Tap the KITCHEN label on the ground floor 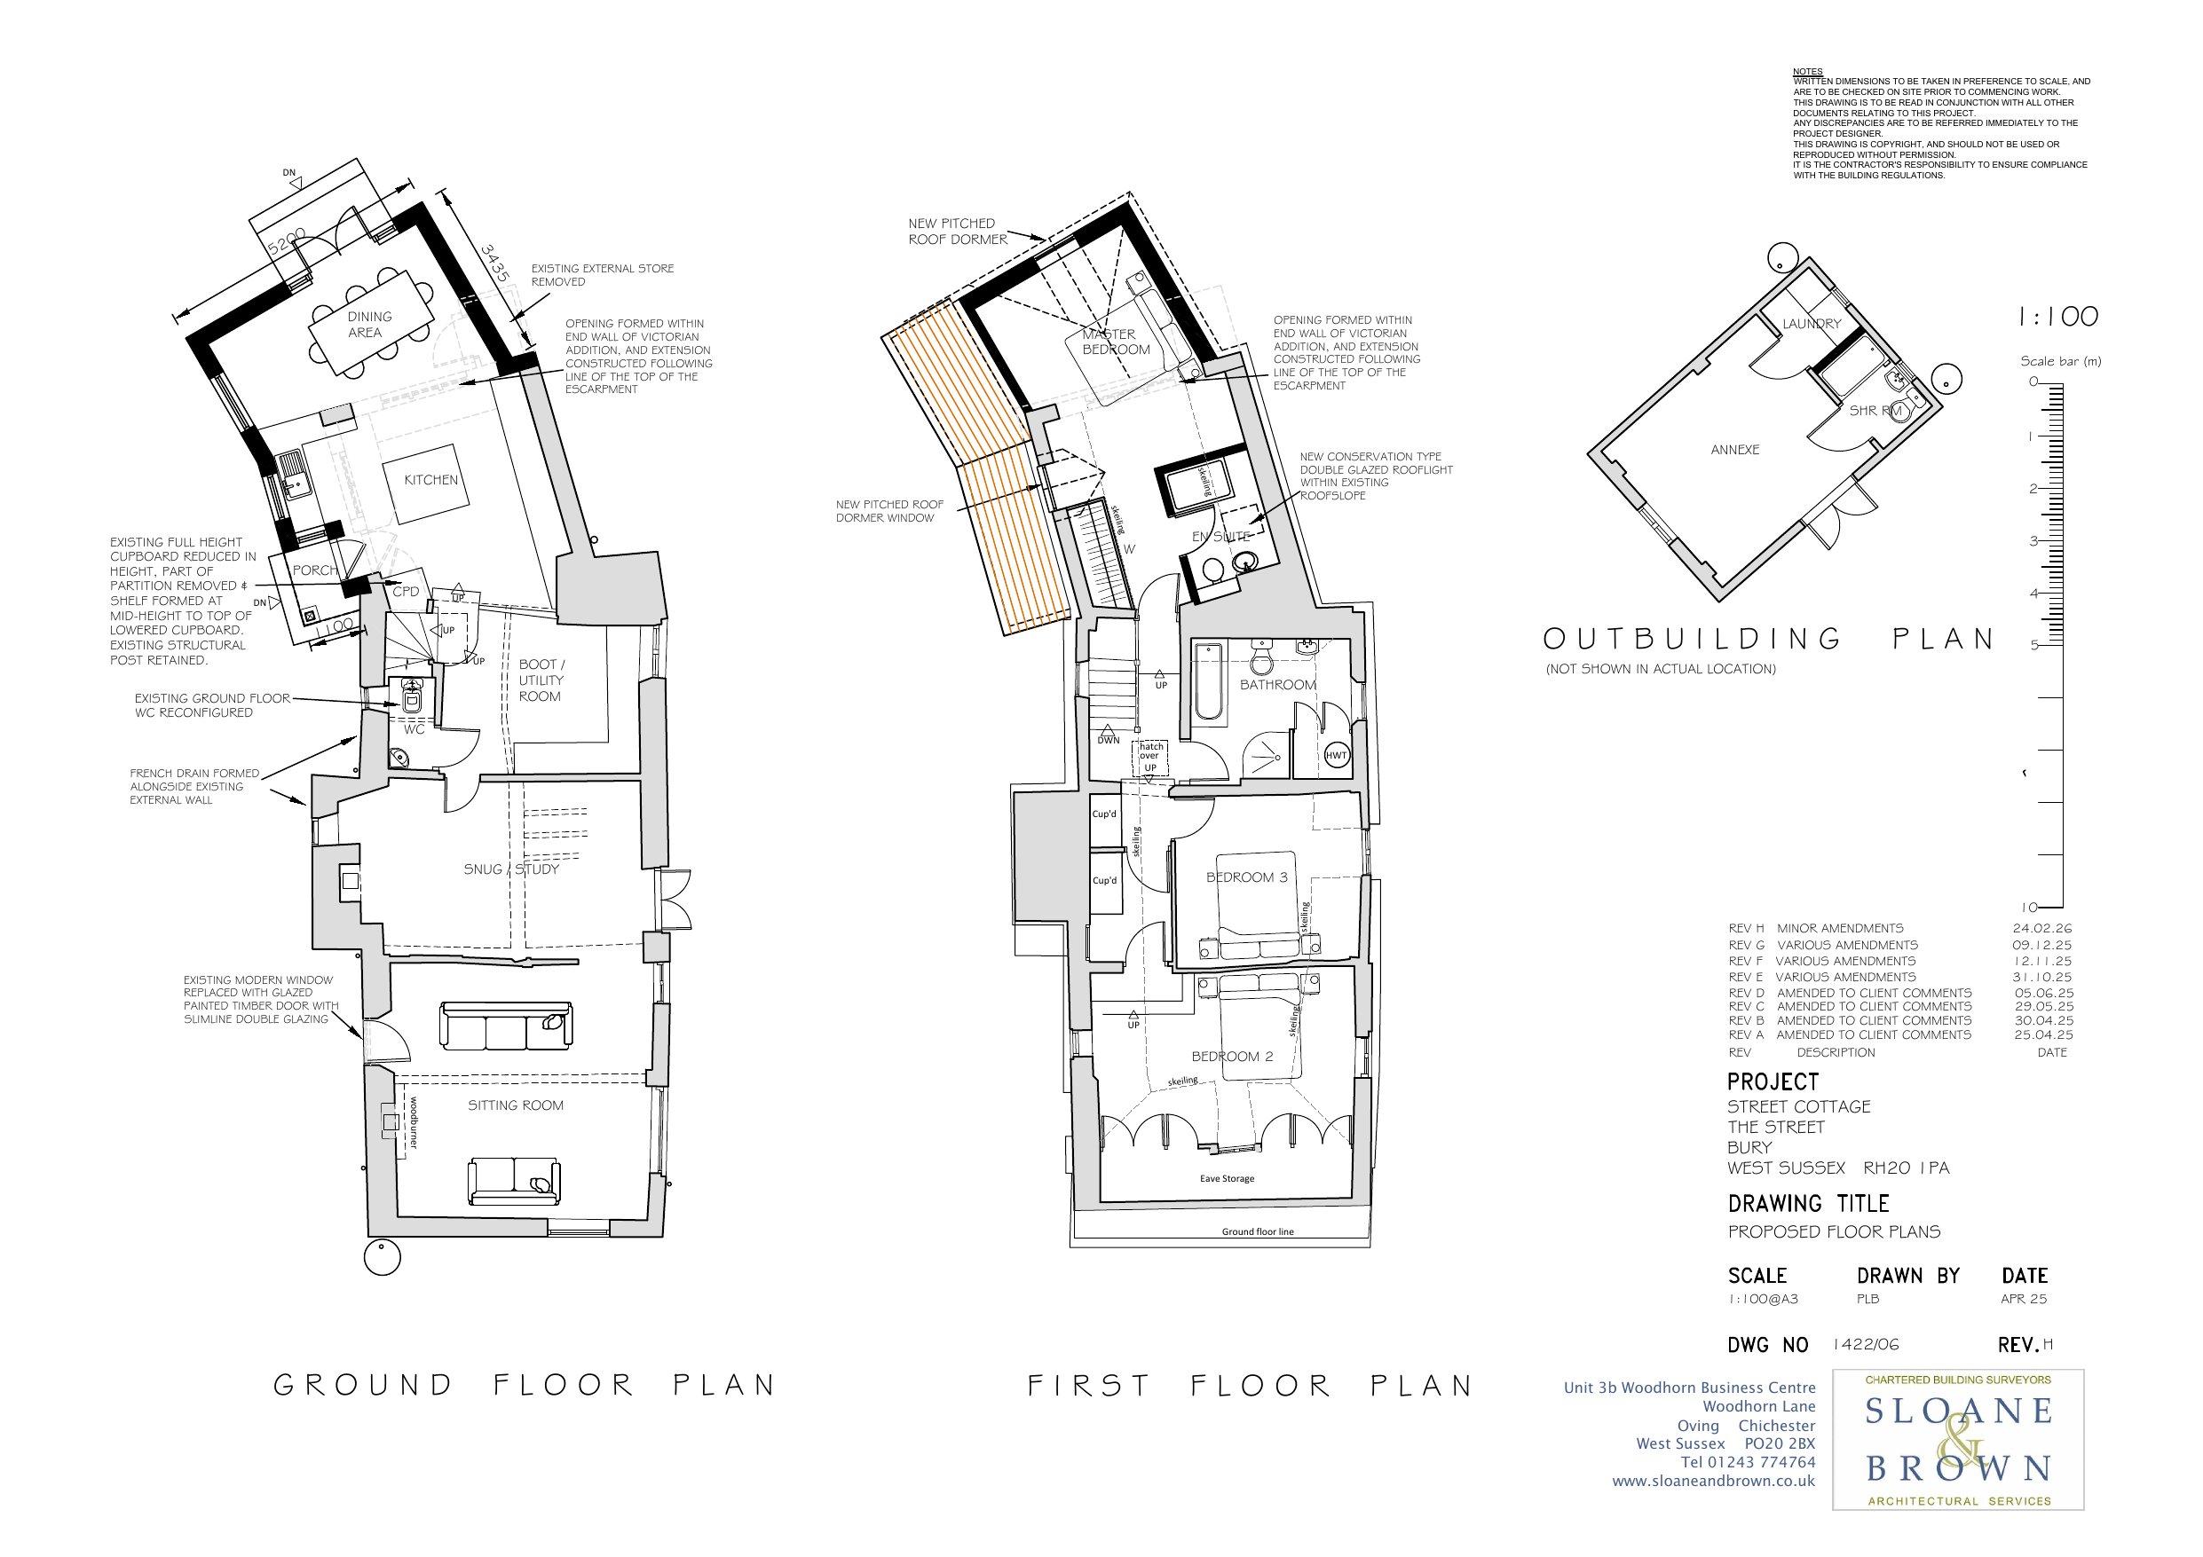[430, 480]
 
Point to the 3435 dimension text [494, 263]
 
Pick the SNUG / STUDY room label [510, 869]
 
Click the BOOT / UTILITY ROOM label [541, 680]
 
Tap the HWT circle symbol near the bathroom [1337, 755]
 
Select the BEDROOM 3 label [1246, 877]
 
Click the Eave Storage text [1228, 1178]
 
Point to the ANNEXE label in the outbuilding [1734, 449]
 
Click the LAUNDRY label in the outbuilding [1812, 323]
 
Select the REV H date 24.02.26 [2041, 928]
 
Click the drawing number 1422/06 [1865, 1344]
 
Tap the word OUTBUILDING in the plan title [1693, 639]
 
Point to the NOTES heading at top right [1808, 72]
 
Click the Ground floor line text [1257, 1231]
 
